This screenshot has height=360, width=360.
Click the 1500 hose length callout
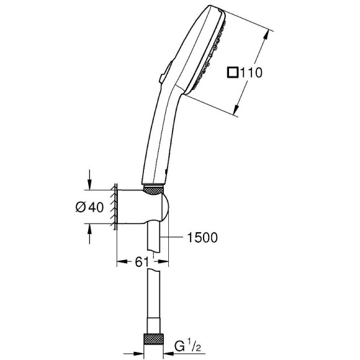[x=202, y=236]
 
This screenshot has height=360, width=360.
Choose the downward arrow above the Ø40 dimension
[x=91, y=181]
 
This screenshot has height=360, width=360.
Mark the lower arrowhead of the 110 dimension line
[x=238, y=112]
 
